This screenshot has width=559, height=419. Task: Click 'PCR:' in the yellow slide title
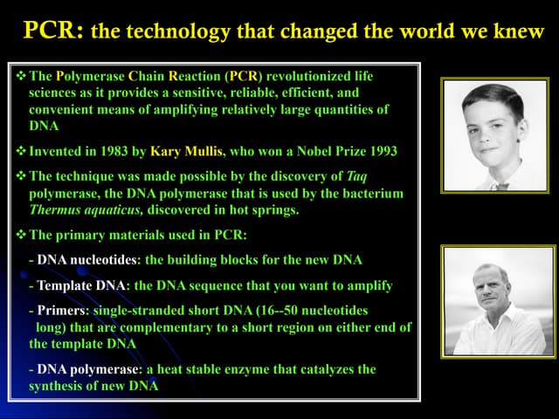(x=54, y=30)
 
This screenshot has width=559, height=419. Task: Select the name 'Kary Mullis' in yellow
(x=186, y=151)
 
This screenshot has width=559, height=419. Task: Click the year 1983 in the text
(x=114, y=151)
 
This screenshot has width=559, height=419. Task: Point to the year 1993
(x=383, y=151)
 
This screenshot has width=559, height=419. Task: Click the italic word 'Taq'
(x=356, y=176)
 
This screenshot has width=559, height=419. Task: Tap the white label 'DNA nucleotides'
(x=87, y=260)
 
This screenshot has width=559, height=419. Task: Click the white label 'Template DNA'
(x=81, y=285)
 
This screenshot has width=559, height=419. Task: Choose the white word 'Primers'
(x=61, y=311)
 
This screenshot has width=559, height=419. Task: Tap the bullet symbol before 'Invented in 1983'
(x=21, y=151)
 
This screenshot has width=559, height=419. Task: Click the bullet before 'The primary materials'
(x=21, y=235)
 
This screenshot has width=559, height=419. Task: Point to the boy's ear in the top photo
(x=521, y=131)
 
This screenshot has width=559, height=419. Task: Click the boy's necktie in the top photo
(x=502, y=186)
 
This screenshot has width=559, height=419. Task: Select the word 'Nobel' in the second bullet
(x=314, y=151)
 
